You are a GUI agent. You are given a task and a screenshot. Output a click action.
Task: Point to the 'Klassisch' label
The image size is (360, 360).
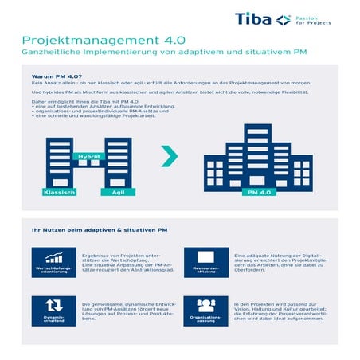click(58, 194)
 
